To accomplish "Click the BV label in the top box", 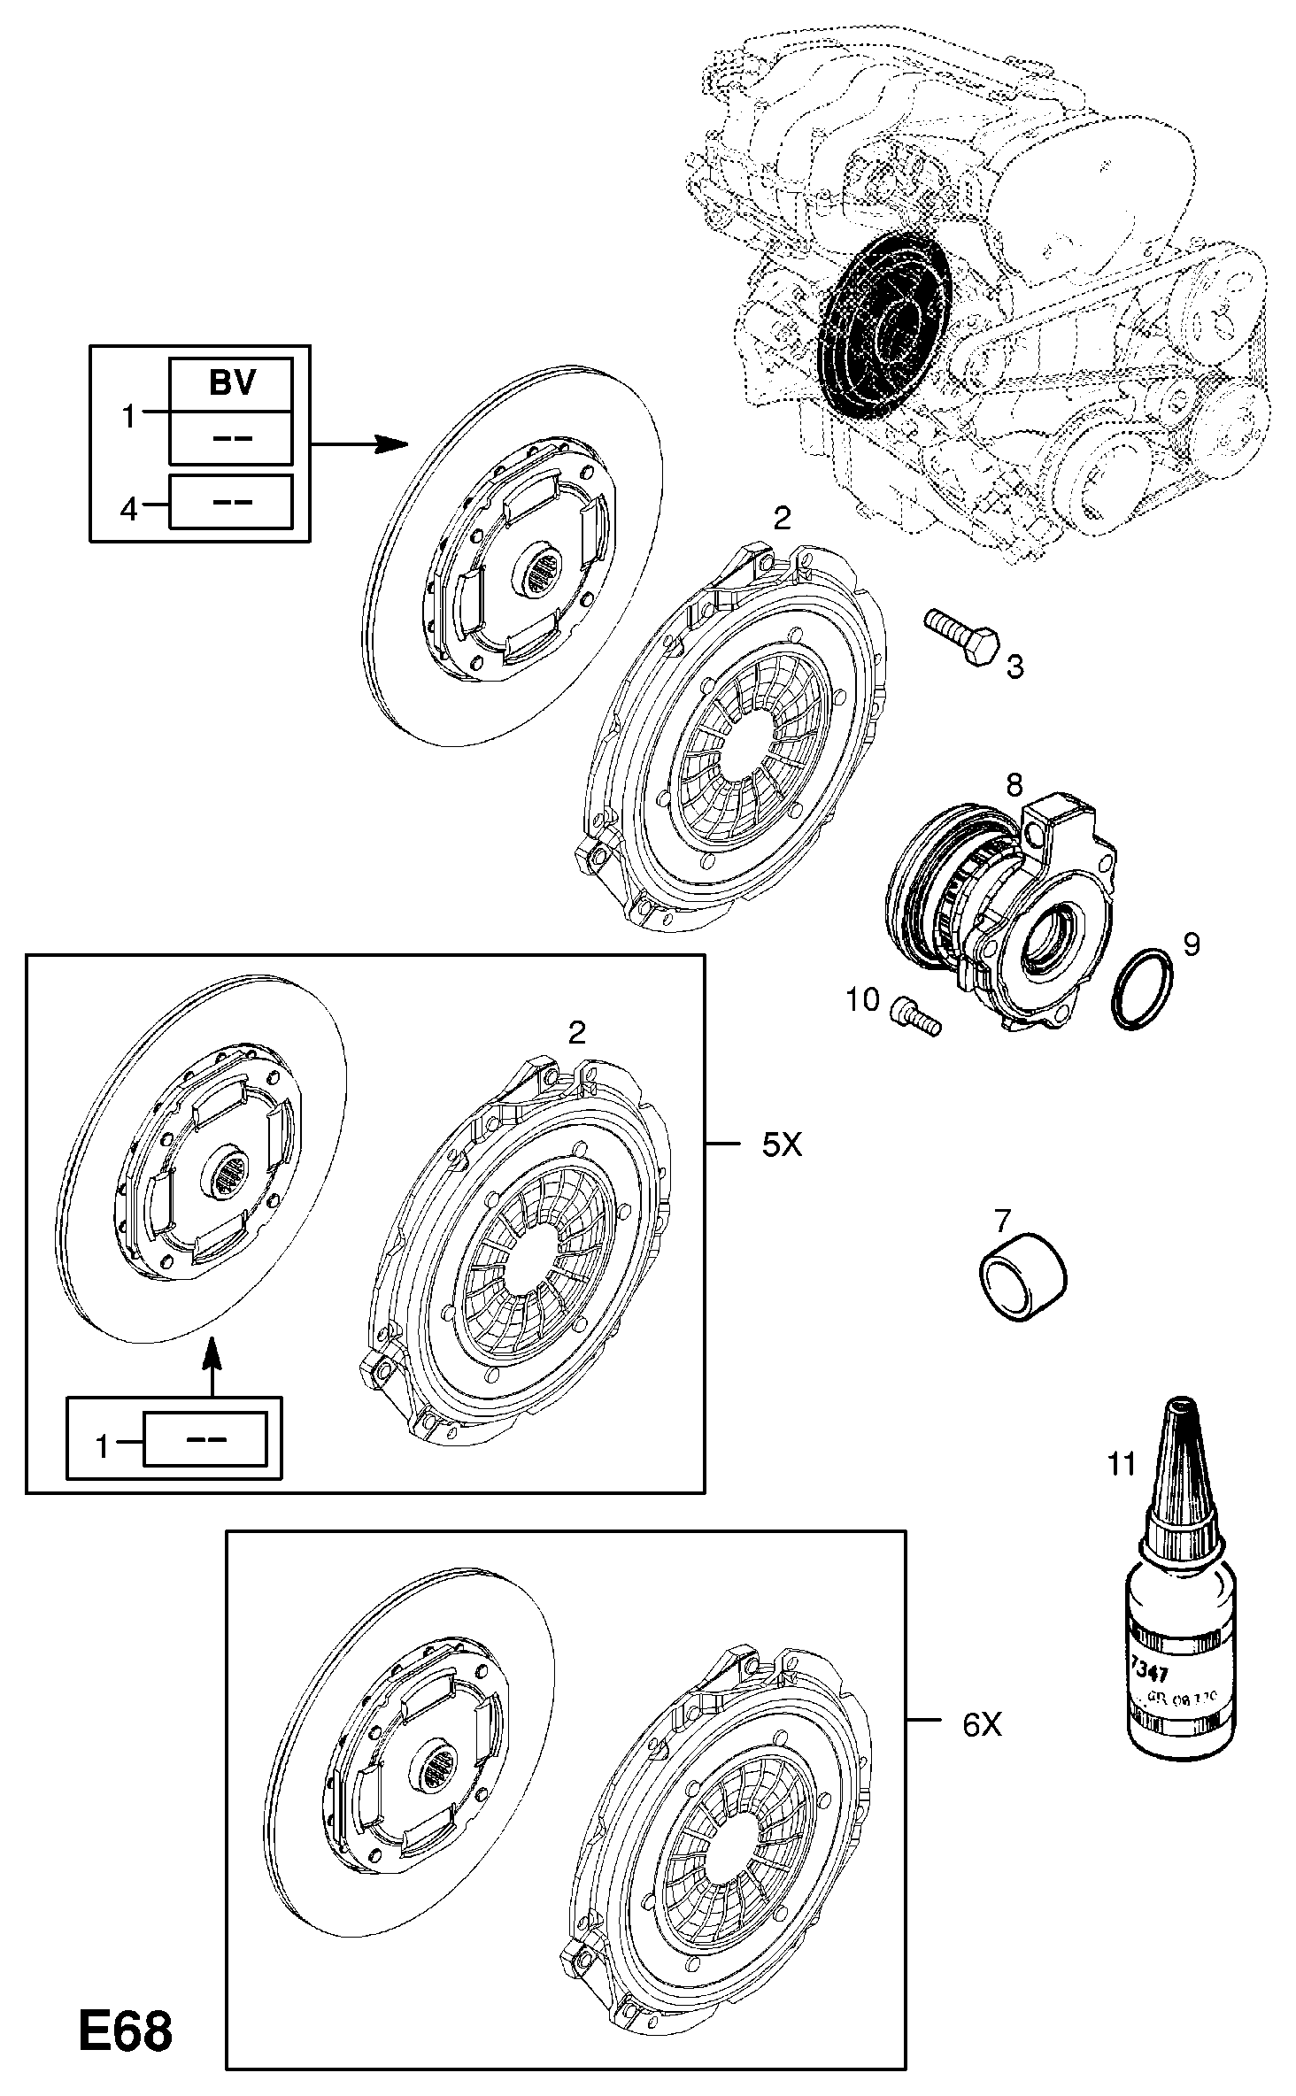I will click(231, 382).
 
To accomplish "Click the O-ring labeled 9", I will click(1142, 989).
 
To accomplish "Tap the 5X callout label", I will click(782, 1145).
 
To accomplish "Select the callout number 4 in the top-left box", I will click(129, 509).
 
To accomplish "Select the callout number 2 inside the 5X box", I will click(576, 1032).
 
